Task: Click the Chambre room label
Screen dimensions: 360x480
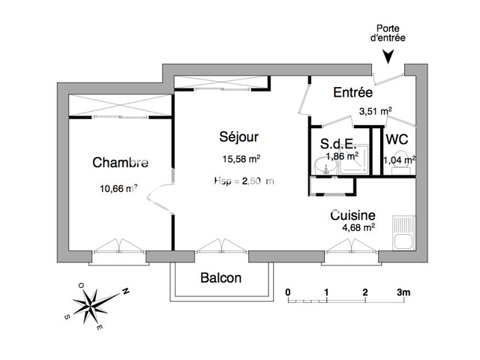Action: click(120, 163)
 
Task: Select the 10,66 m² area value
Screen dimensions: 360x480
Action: click(118, 189)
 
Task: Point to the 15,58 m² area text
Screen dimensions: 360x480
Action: click(241, 159)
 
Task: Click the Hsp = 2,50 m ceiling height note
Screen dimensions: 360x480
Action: click(244, 181)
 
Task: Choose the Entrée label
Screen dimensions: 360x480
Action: click(352, 93)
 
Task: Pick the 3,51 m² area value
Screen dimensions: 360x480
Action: click(375, 111)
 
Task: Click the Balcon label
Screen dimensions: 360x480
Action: click(221, 278)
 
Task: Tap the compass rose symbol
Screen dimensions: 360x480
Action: click(92, 304)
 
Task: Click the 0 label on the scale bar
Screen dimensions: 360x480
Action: click(288, 292)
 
